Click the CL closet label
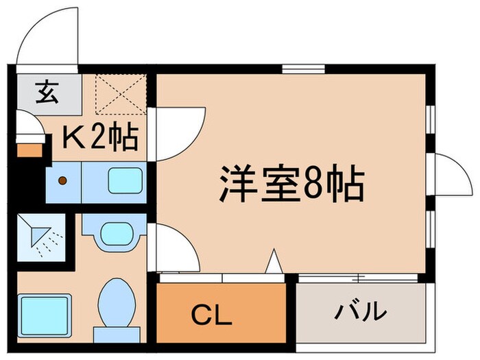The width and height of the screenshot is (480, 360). point(211,316)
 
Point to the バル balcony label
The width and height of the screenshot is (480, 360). point(359,313)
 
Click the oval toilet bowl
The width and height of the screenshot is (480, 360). point(116,302)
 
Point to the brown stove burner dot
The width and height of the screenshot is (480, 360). point(62,181)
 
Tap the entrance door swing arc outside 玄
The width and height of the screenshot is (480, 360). point(43,38)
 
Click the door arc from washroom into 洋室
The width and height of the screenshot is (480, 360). point(176,247)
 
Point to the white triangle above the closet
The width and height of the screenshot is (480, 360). point(274,262)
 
